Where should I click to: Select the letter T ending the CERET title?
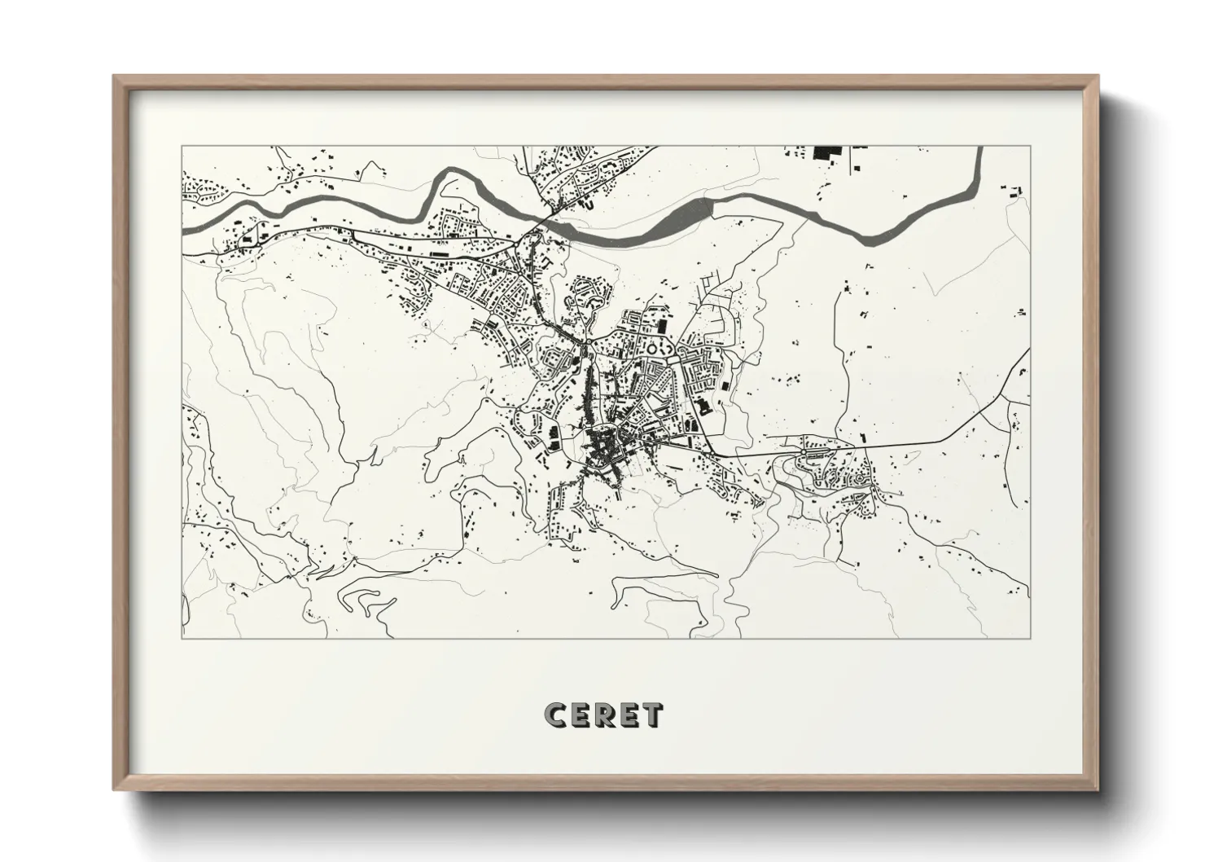click(651, 715)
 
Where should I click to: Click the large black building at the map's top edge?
click(828, 152)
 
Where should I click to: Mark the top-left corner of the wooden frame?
click(114, 77)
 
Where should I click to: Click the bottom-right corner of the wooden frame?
click(1098, 789)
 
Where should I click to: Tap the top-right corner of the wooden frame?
click(1098, 77)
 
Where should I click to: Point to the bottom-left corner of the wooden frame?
click(114, 789)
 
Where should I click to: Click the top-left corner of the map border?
click(182, 147)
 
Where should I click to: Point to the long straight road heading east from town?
click(896, 445)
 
